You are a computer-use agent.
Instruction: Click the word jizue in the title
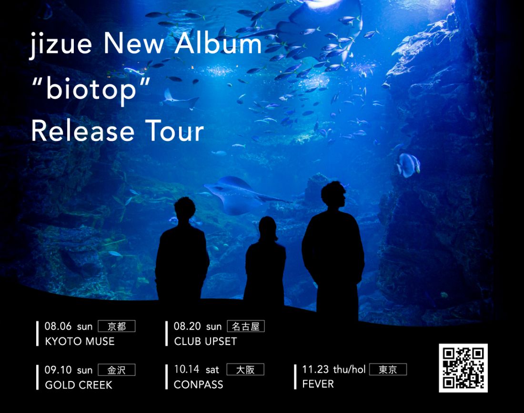pyautogui.click(x=60, y=45)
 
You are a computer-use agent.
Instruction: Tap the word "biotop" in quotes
pyautogui.click(x=91, y=90)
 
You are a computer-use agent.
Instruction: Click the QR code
pyautogui.click(x=463, y=368)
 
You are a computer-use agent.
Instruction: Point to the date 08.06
pyautogui.click(x=58, y=326)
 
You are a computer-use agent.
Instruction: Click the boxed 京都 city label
pyautogui.click(x=117, y=326)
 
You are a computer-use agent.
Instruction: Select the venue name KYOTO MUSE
pyautogui.click(x=80, y=341)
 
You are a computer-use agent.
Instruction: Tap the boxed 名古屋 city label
pyautogui.click(x=246, y=326)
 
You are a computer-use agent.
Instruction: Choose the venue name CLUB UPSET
pyautogui.click(x=205, y=341)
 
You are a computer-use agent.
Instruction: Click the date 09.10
pyautogui.click(x=58, y=370)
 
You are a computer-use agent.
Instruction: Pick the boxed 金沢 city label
pyautogui.click(x=117, y=370)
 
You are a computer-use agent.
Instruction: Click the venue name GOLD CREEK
pyautogui.click(x=79, y=385)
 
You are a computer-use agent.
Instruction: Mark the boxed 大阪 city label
pyautogui.click(x=245, y=369)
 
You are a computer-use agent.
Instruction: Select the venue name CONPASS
pyautogui.click(x=199, y=384)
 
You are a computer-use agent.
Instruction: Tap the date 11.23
pyautogui.click(x=315, y=369)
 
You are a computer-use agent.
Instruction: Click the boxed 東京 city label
pyautogui.click(x=388, y=369)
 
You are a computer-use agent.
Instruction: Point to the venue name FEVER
pyautogui.click(x=318, y=384)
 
